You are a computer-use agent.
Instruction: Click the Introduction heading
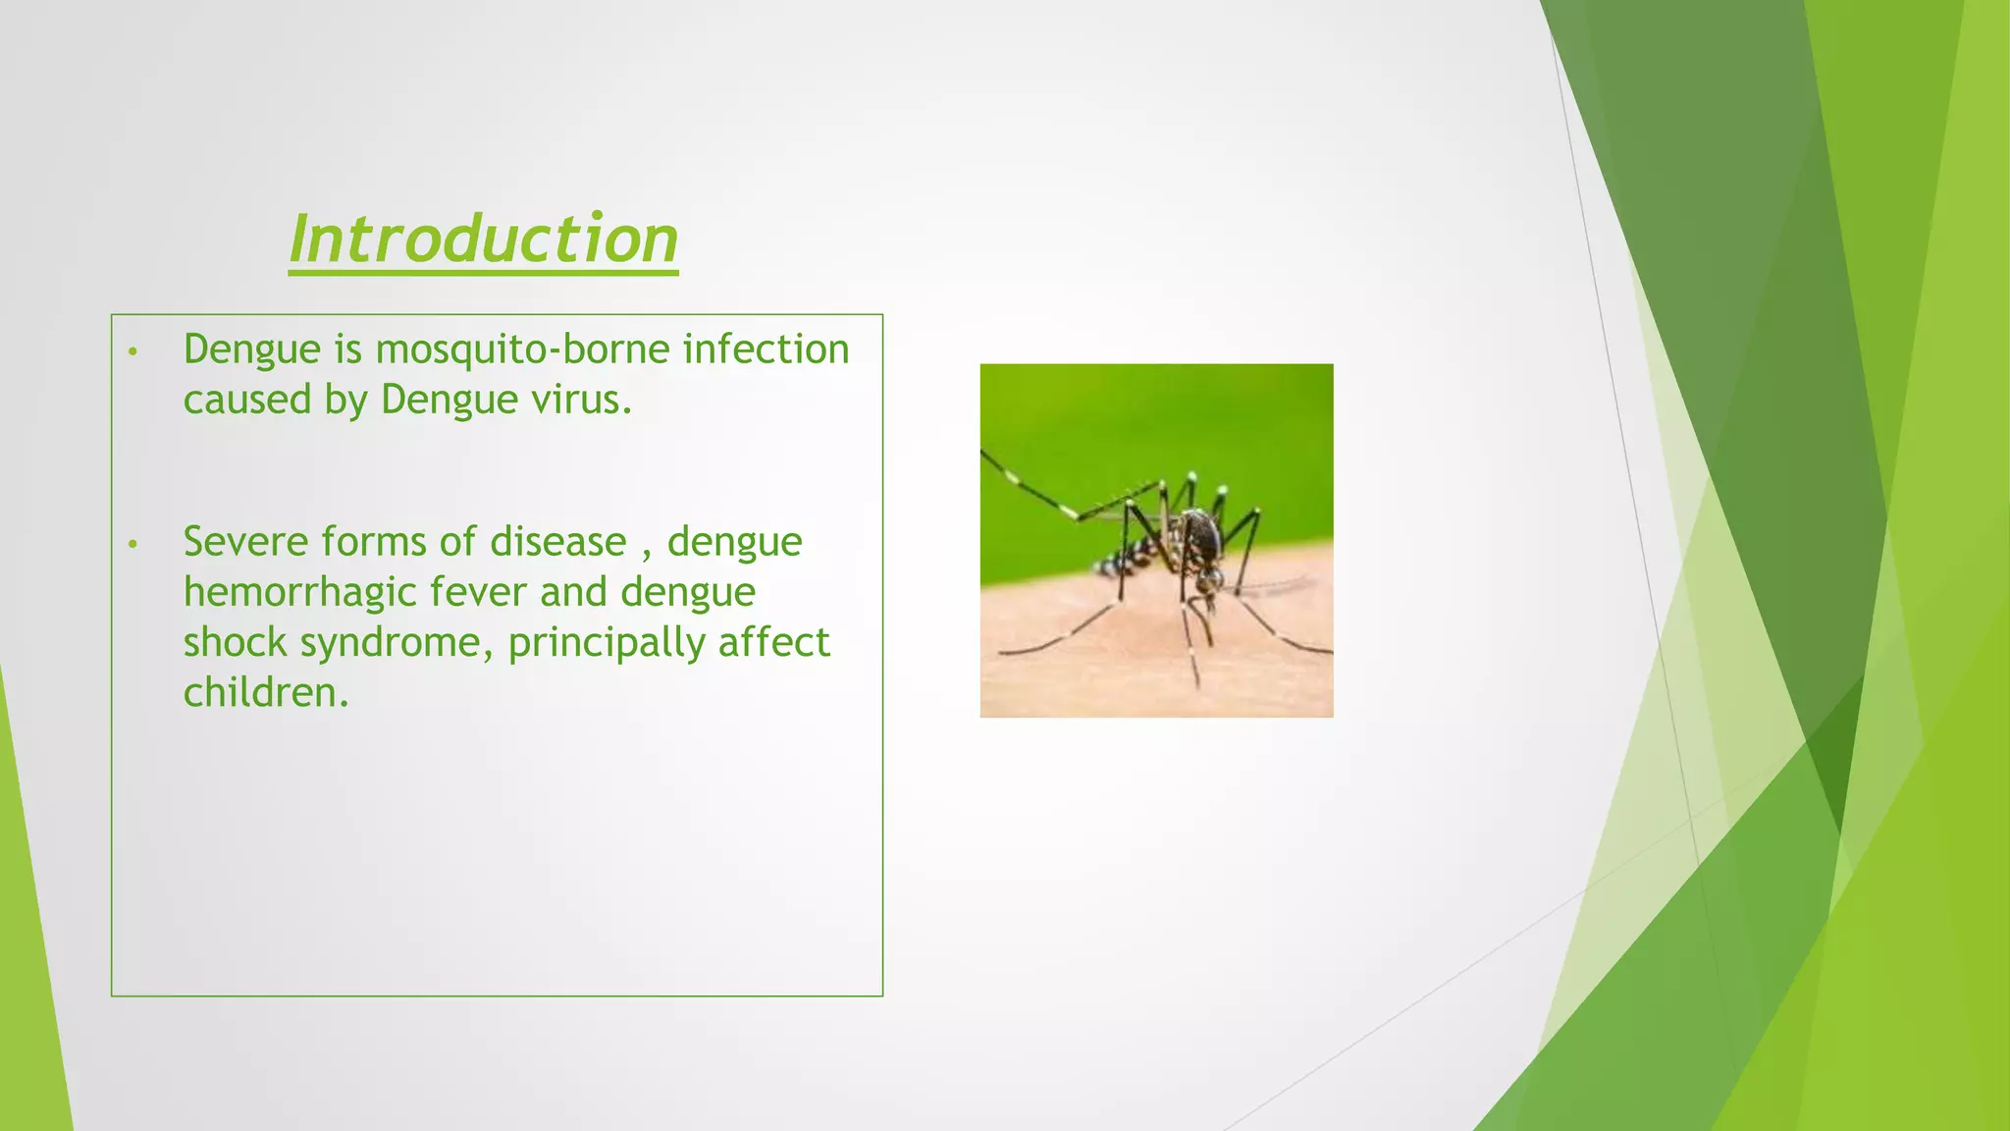pos(483,239)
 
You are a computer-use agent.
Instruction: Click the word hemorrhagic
pos(298,592)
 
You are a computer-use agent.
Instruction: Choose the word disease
pos(557,542)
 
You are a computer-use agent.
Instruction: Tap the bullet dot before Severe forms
pos(133,544)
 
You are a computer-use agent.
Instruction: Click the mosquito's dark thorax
pos(1201,535)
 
